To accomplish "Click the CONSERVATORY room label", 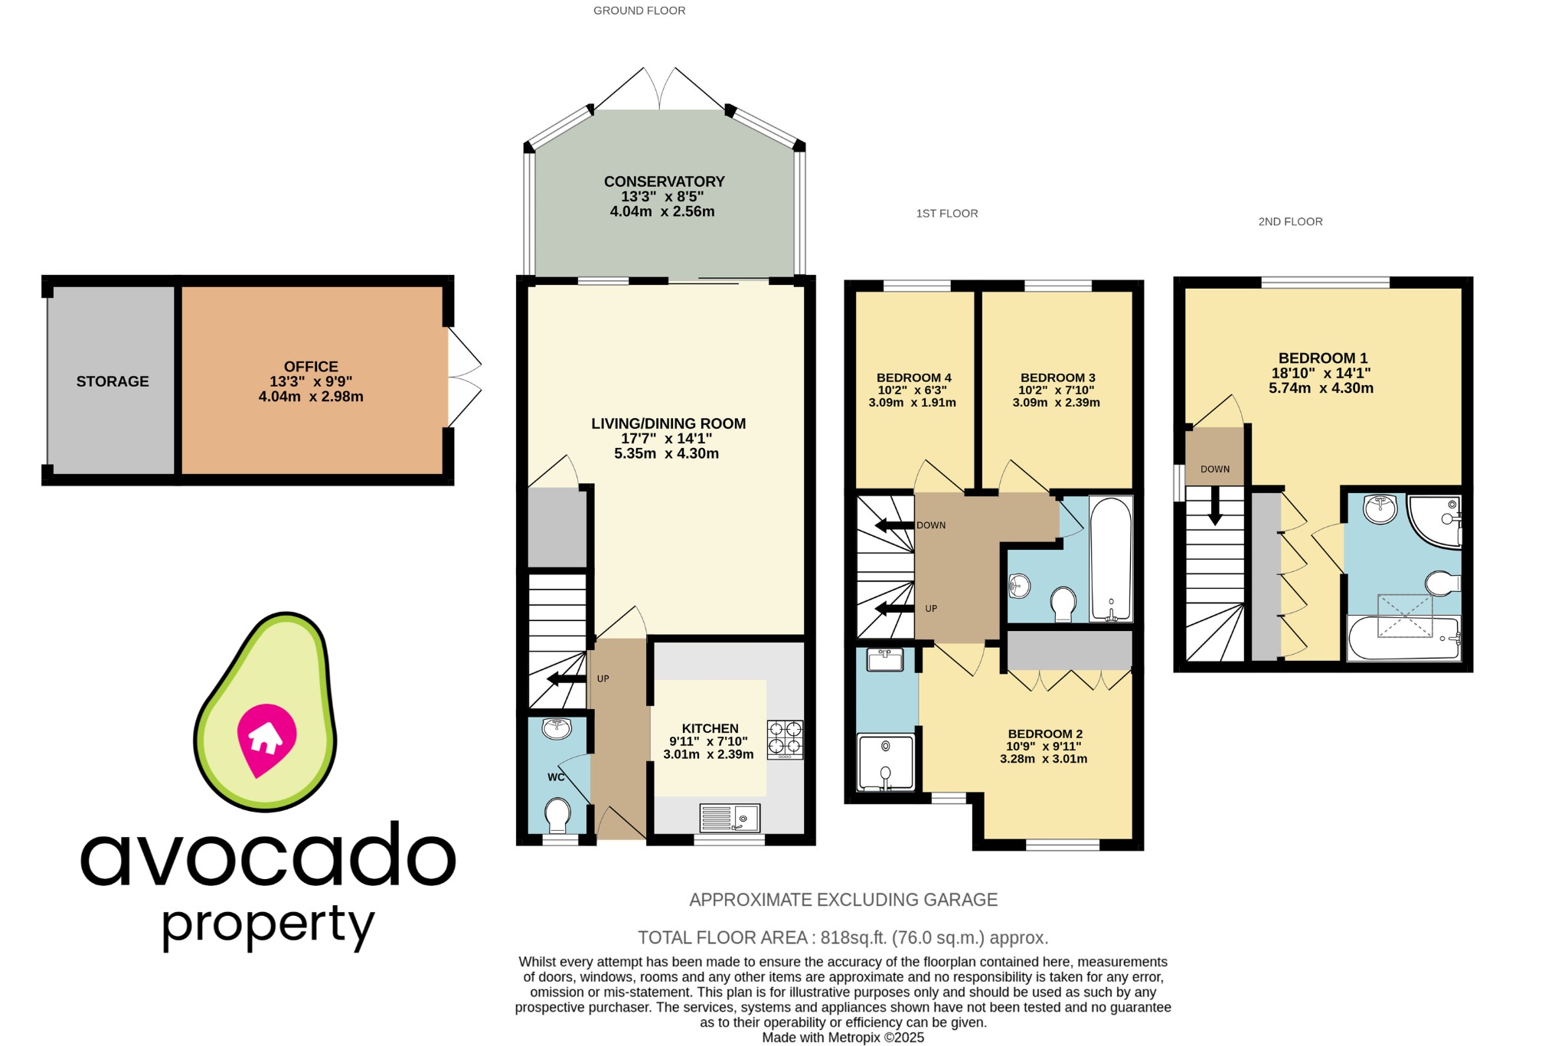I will pos(664,181).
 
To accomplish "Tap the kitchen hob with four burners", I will pos(785,738).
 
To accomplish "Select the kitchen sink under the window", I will pos(730,818).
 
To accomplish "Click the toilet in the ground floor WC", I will pos(557,815).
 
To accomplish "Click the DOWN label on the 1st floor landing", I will pos(931,525).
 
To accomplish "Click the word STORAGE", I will pos(113,381).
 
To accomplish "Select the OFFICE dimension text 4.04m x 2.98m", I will pos(311,397).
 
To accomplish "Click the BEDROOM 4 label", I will pos(913,378).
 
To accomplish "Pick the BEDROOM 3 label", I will pos(1057,378).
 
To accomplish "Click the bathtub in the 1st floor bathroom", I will pos(1110,559).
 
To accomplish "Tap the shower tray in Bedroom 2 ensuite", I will pos(886,763).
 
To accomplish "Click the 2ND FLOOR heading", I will pos(1290,221).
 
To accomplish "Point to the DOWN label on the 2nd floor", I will pos(1215,469).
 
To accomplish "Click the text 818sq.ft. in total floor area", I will pos(849,937).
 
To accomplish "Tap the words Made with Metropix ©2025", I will pos(842,1038).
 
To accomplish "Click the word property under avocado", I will pos(268,925).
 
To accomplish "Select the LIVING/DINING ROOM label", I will pos(668,423).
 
